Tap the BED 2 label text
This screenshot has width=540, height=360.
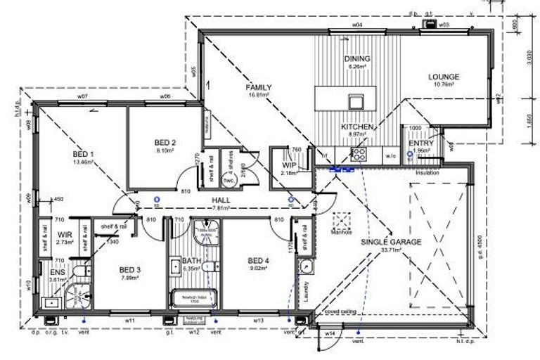coord(165,143)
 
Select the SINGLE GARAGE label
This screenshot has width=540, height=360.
coord(391,241)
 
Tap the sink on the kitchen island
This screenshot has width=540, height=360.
coord(354,101)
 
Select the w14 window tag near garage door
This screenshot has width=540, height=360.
coord(330,333)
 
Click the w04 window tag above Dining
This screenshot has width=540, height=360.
coord(356,25)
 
